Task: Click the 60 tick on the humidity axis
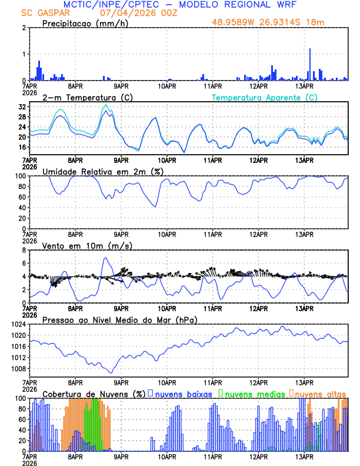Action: [x=21, y=197]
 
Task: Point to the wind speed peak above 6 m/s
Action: [x=105, y=258]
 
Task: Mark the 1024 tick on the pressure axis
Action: [x=18, y=324]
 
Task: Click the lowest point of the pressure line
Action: [x=111, y=372]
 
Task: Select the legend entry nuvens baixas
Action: [x=182, y=394]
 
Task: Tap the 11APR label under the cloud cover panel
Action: [x=212, y=455]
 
